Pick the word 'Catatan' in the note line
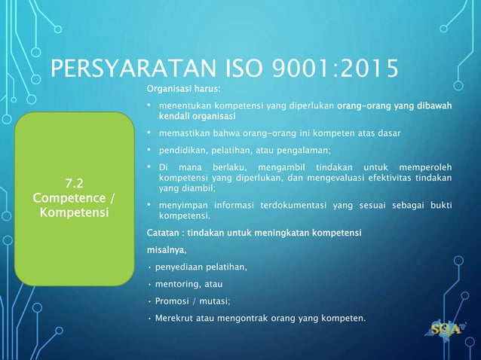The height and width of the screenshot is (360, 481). point(164,231)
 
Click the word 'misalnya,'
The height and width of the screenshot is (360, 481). point(166,249)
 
